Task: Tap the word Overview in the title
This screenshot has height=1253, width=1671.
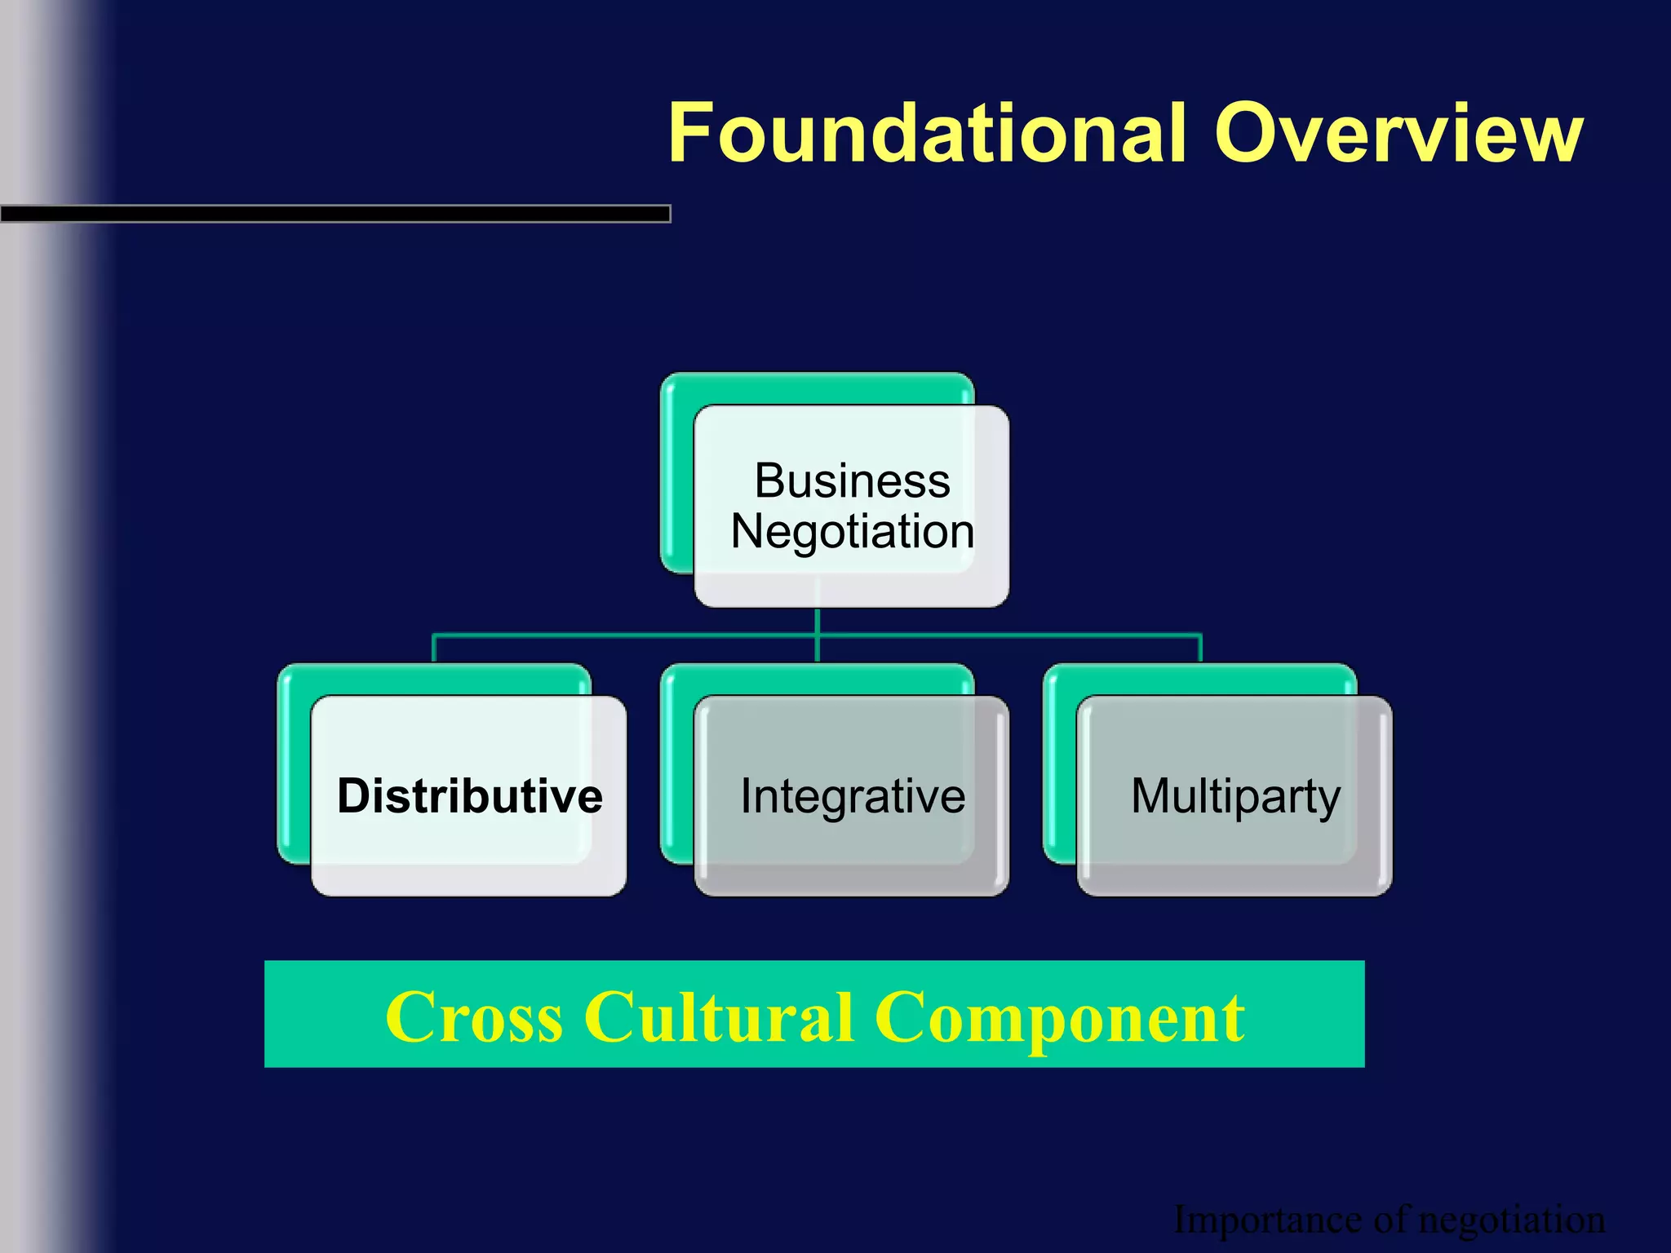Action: coord(1398,133)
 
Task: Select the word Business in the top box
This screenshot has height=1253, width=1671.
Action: coord(852,480)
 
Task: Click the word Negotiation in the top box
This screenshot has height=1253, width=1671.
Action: coord(852,532)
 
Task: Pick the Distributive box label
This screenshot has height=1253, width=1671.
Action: coord(470,796)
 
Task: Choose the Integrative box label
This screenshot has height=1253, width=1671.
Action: coord(853,796)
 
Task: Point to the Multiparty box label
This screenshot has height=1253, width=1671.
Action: coord(1235,796)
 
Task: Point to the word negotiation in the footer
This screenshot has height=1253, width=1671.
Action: coord(1512,1220)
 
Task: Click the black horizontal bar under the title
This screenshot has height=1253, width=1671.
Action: coord(335,214)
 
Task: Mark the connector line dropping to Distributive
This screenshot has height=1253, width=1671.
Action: coord(433,649)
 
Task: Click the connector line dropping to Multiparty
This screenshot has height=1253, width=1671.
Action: coord(1200,649)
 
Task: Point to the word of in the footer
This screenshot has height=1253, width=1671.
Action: coord(1390,1220)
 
